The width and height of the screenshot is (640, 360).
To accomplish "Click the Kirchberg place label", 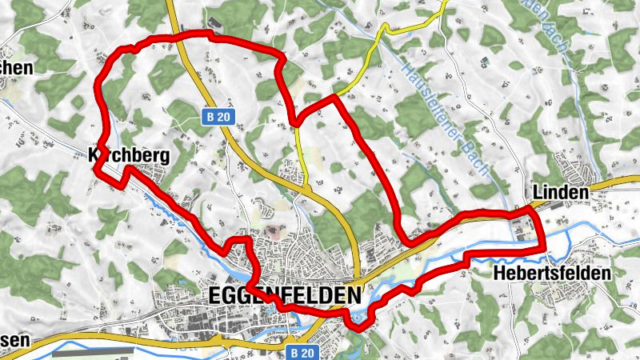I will point(129,155).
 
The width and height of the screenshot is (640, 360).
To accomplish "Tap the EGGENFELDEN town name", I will point(284,294).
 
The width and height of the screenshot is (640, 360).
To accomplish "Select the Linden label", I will point(559,193).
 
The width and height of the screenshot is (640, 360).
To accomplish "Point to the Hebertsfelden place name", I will point(552,273).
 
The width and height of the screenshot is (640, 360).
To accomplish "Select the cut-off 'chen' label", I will point(16,68).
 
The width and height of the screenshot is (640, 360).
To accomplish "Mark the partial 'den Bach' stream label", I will point(544,28).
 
